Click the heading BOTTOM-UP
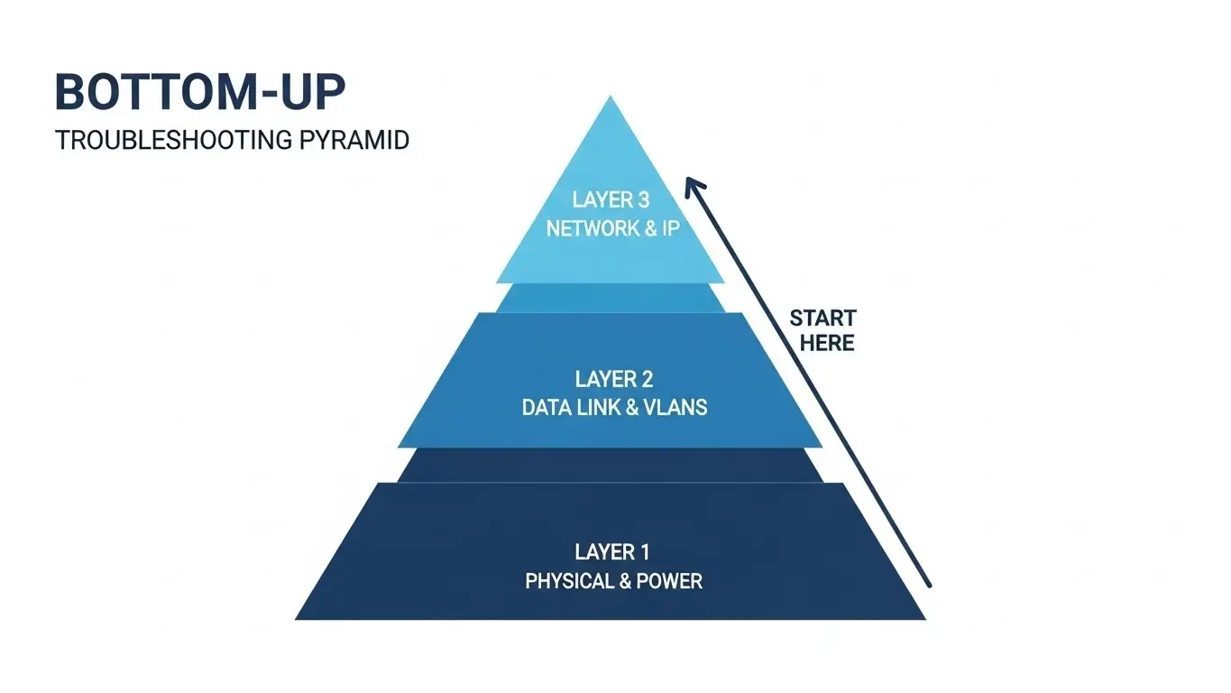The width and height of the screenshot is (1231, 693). coord(200,92)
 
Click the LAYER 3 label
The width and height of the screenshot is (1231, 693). coord(611,199)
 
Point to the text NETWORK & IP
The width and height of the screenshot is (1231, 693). coord(612,227)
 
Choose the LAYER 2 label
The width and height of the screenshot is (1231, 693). coord(613,378)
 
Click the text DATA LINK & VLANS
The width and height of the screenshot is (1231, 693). coord(614,407)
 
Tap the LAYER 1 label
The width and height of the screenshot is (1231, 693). coord(612,551)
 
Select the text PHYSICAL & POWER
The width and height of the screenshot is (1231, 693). coord(613,580)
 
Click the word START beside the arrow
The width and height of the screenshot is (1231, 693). coord(822,318)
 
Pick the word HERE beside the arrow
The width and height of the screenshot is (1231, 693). coord(827,343)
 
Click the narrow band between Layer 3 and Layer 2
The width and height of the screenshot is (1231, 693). coord(611,298)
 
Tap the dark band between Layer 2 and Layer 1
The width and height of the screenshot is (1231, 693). coord(611,465)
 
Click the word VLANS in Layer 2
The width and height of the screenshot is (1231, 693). coord(675,407)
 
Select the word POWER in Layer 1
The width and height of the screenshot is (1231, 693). coord(668,580)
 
